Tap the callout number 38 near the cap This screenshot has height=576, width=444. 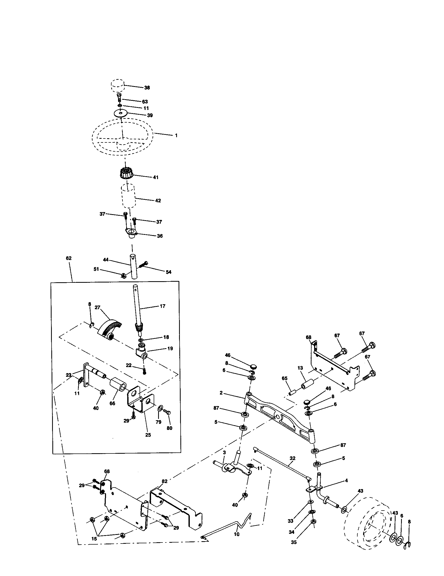coord(147,87)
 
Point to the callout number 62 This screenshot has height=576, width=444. coord(69,258)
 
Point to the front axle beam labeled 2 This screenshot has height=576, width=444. coord(280,416)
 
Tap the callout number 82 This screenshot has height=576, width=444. coord(164,481)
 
